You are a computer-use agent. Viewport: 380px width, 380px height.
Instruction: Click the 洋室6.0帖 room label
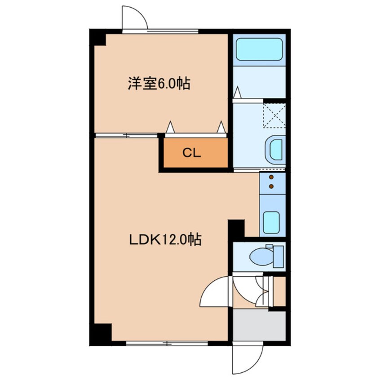pos(159,84)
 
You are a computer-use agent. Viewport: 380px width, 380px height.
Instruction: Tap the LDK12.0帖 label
pos(165,240)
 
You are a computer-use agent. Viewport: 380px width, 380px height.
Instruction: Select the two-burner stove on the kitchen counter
pos(271,181)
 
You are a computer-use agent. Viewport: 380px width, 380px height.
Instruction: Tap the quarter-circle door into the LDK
pos(215,292)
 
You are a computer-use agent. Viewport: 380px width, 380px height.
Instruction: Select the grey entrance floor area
pos(259,326)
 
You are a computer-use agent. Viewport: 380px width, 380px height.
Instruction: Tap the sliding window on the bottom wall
pos(167,343)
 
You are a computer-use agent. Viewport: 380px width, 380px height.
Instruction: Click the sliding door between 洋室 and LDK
pos(126,135)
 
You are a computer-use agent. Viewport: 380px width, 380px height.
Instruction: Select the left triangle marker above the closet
pos(170,127)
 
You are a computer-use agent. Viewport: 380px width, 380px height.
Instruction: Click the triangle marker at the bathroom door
pos(237,93)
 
